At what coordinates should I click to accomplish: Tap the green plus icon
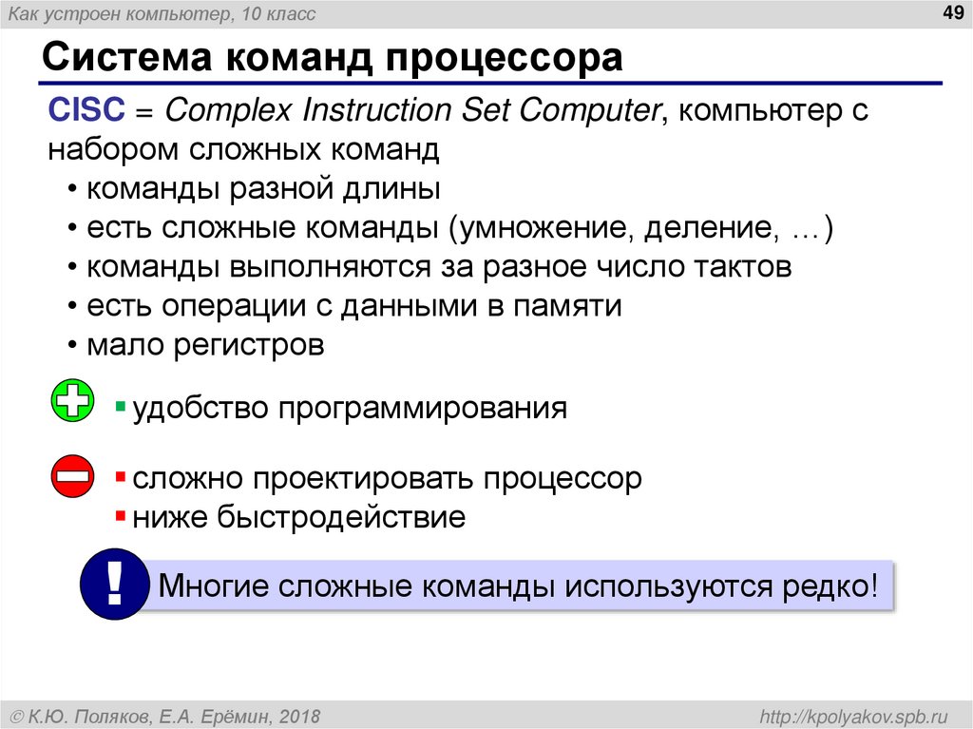coord(72,402)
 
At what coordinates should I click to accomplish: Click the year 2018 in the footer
coord(300,714)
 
